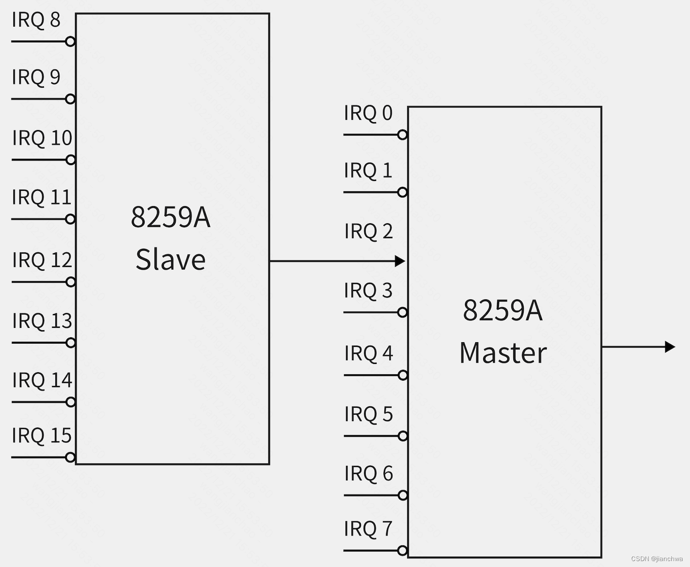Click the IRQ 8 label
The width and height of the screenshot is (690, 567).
tap(36, 20)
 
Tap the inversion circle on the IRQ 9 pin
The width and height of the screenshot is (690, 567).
tap(71, 99)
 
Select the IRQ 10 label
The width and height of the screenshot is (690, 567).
tap(42, 138)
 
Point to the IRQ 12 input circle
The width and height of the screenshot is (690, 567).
tap(71, 282)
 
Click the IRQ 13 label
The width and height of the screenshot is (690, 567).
tap(42, 321)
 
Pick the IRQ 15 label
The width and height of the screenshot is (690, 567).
tap(42, 436)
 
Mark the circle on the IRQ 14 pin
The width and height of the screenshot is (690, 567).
tap(71, 402)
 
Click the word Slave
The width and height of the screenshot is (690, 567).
tap(170, 260)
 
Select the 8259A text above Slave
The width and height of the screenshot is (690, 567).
tap(170, 217)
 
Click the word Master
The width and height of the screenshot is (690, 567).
tap(503, 353)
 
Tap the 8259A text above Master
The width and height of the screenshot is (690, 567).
tap(503, 310)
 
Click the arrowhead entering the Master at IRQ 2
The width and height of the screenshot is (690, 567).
tap(400, 261)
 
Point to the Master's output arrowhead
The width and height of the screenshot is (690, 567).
tap(670, 347)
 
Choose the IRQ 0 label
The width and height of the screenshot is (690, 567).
tap(368, 113)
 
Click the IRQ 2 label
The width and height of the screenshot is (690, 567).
tap(368, 231)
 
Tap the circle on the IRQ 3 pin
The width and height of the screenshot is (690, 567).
tap(403, 313)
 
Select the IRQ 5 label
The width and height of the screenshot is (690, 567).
tap(368, 415)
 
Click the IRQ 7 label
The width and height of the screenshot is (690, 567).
tap(368, 529)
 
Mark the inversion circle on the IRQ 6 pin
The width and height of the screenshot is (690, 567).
tap(403, 496)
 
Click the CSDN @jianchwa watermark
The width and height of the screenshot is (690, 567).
tap(657, 559)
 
